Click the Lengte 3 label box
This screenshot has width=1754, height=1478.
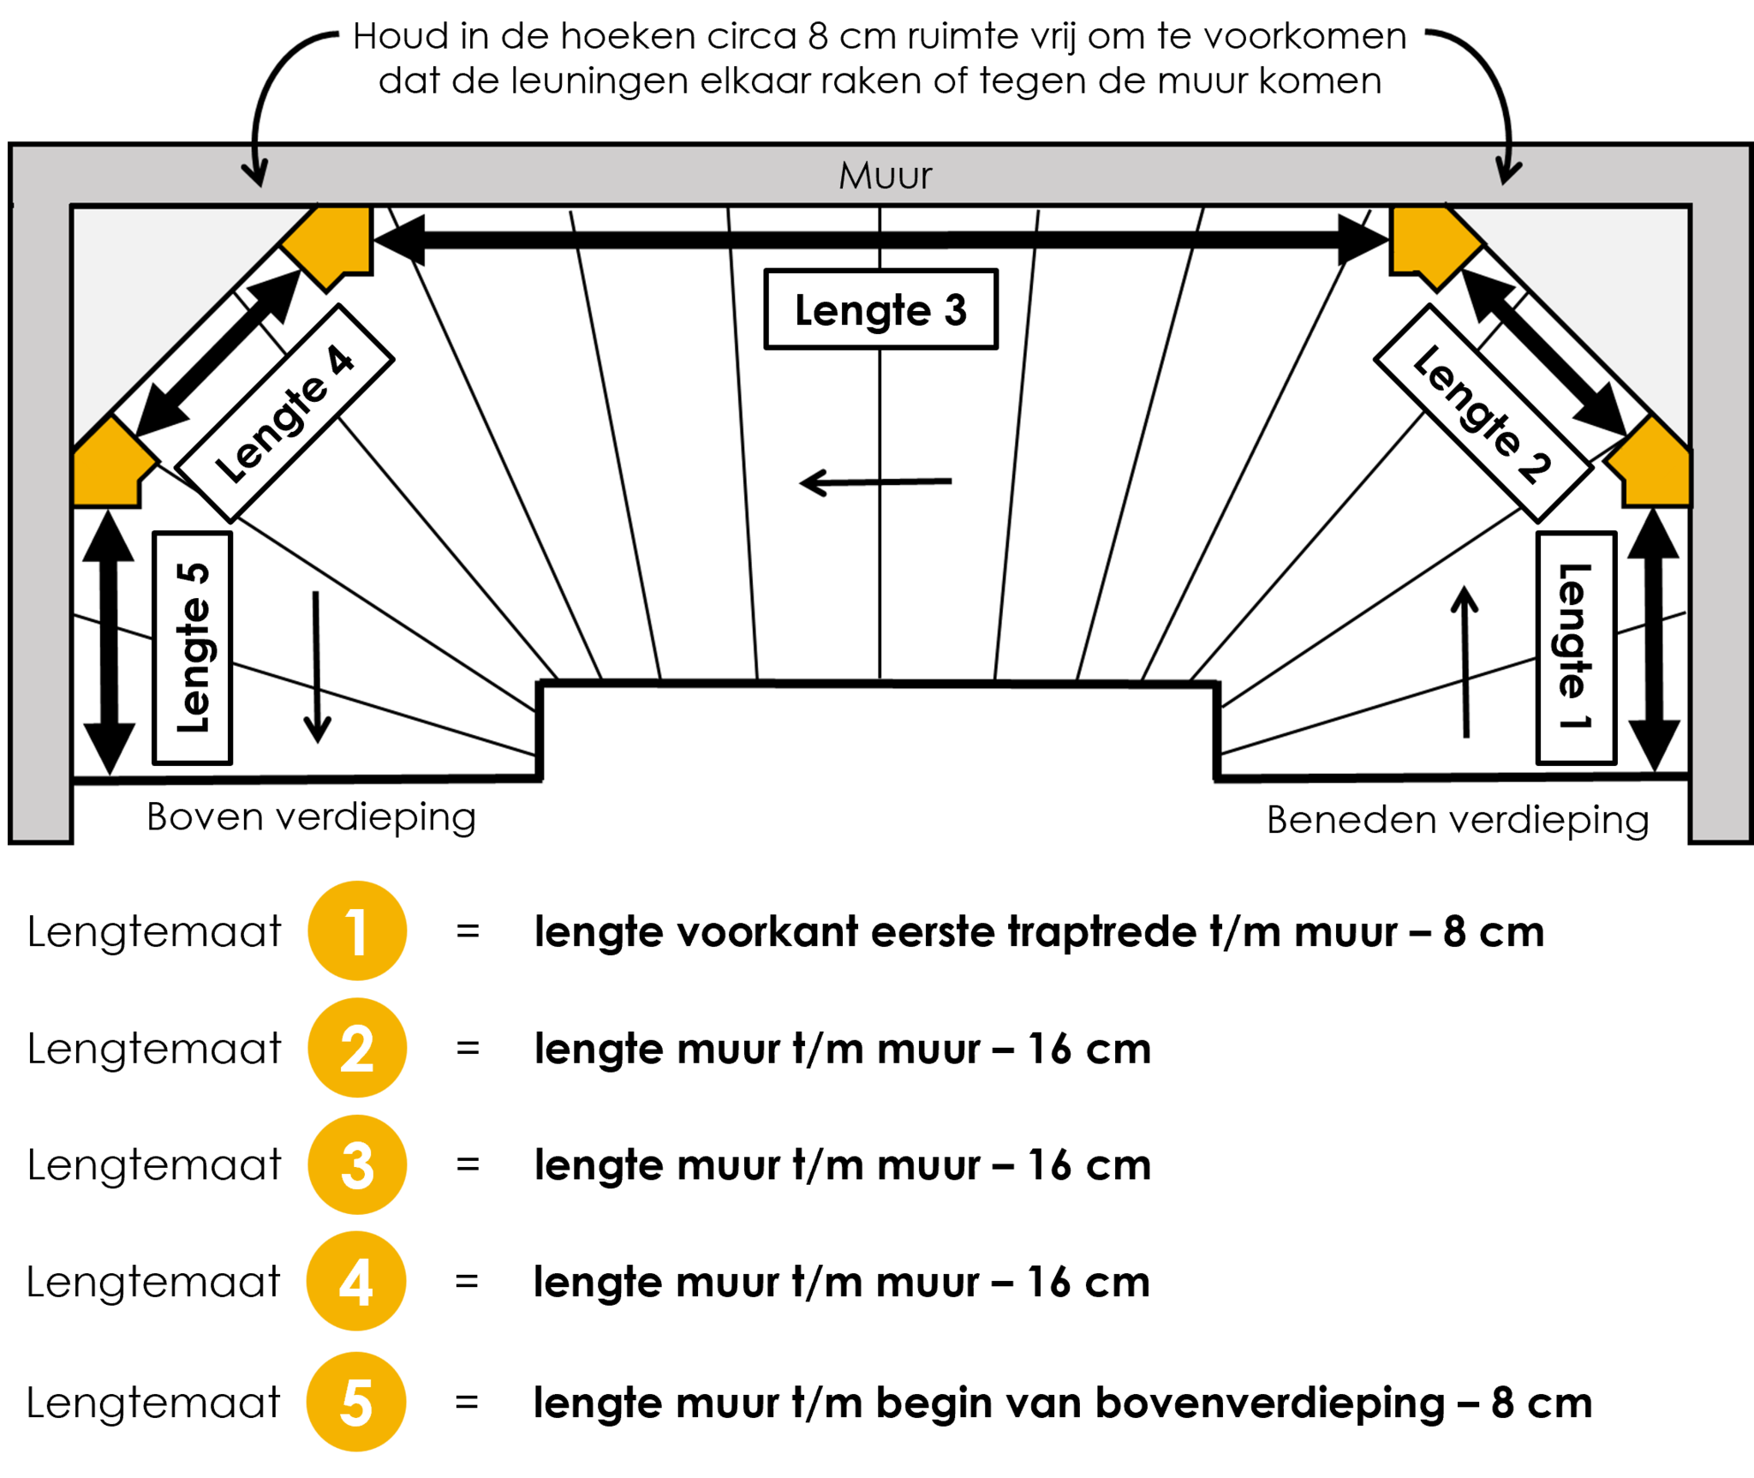(880, 309)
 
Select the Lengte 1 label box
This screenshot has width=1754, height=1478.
(1576, 648)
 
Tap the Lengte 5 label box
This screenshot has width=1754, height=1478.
(193, 648)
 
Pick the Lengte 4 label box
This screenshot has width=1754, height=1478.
(284, 413)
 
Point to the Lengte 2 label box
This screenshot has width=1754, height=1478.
(1483, 413)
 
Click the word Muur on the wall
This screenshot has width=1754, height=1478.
(885, 176)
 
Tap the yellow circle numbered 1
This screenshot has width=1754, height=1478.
(357, 930)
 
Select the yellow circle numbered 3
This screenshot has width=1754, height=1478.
(357, 1164)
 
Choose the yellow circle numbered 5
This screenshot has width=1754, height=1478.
(356, 1402)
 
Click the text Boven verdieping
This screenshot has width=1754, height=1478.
(311, 817)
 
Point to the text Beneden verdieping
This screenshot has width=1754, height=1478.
(1458, 820)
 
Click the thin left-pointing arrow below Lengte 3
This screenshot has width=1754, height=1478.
(875, 482)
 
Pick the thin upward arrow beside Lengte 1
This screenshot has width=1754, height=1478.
(1465, 661)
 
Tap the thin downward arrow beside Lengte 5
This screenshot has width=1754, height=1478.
(317, 667)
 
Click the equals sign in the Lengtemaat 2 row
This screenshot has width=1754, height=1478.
(468, 1048)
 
